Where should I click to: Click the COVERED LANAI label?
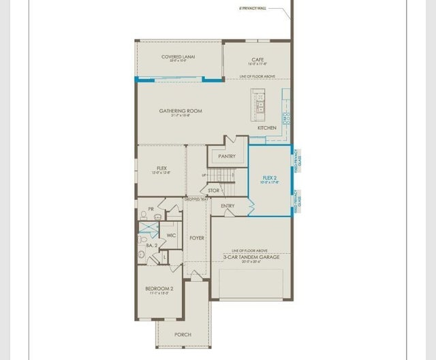pyautogui.click(x=178, y=57)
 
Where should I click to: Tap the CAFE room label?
pyautogui.click(x=258, y=60)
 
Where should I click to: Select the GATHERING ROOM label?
pyautogui.click(x=181, y=111)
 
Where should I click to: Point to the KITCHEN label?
pyautogui.click(x=266, y=128)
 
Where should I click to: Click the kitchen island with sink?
pyautogui.click(x=260, y=103)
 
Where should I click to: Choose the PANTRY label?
pyautogui.click(x=227, y=157)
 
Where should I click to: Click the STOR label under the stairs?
pyautogui.click(x=214, y=191)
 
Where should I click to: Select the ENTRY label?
pyautogui.click(x=228, y=206)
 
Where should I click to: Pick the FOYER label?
pyautogui.click(x=197, y=238)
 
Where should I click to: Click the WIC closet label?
pyautogui.click(x=171, y=235)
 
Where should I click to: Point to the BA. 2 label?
pyautogui.click(x=152, y=244)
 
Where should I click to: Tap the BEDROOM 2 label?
pyautogui.click(x=159, y=289)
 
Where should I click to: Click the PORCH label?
pyautogui.click(x=183, y=334)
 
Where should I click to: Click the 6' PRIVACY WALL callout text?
pyautogui.click(x=253, y=9)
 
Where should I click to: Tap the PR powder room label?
pyautogui.click(x=151, y=209)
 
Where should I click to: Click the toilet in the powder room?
pyautogui.click(x=144, y=216)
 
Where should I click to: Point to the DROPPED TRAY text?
pyautogui.click(x=196, y=199)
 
